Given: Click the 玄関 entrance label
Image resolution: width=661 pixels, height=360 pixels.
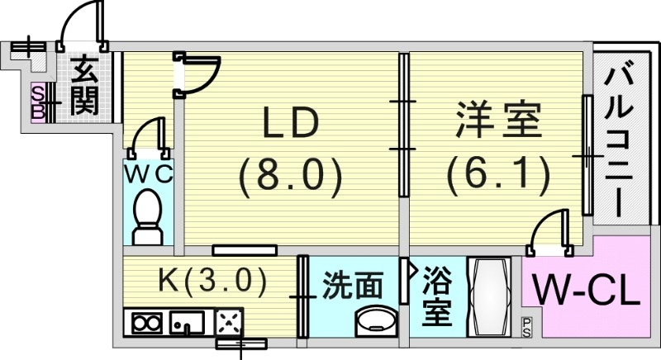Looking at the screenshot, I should pos(84,86).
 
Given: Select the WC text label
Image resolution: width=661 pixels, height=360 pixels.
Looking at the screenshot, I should pos(149,174).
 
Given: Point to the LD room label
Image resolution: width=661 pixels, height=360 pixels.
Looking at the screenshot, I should pos(290,126).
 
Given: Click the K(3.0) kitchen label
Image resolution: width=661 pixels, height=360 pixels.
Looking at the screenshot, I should pos(212,282).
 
